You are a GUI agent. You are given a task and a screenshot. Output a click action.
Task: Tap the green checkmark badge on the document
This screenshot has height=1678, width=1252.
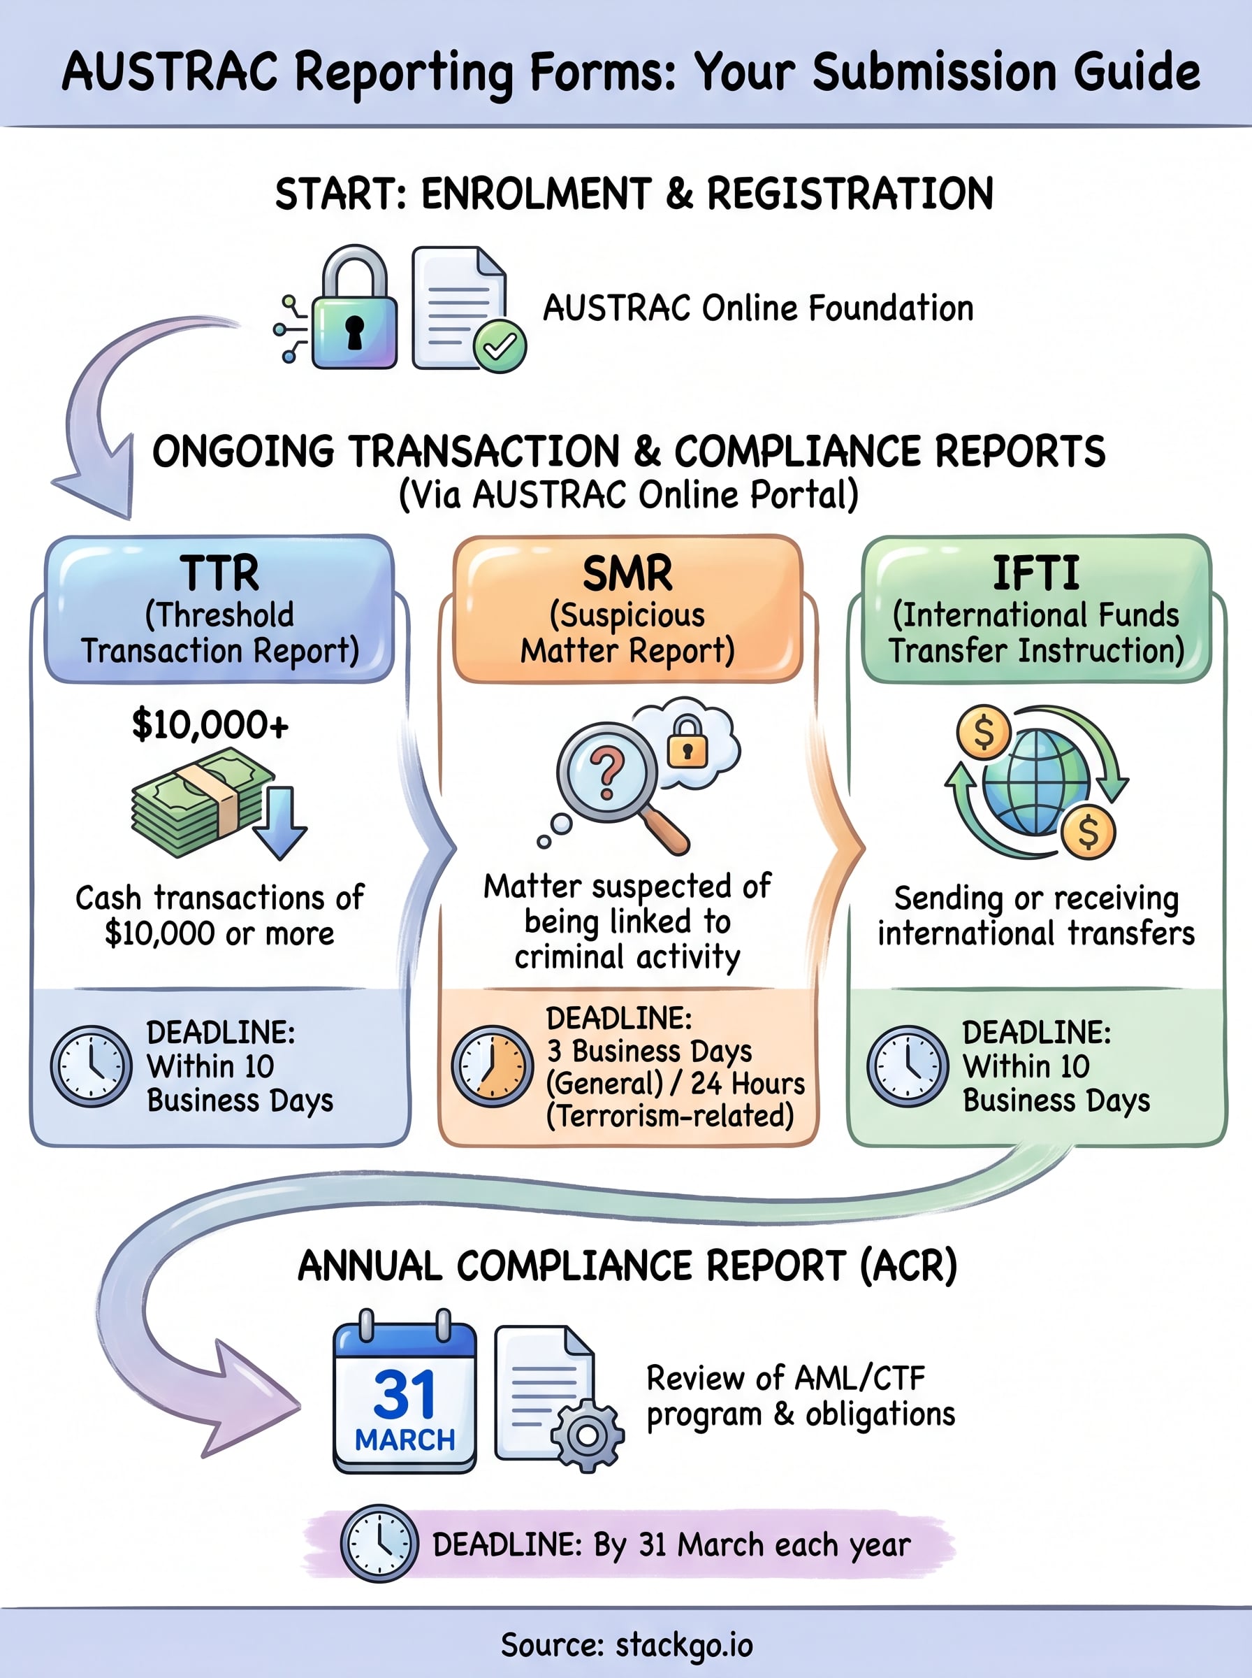(x=500, y=347)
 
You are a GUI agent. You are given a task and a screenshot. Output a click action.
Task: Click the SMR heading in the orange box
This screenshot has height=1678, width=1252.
(x=627, y=573)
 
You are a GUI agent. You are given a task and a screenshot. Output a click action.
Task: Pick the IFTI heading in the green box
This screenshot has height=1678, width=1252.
(x=1036, y=573)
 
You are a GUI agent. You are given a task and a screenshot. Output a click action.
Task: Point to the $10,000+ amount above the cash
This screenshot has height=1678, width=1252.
(x=210, y=725)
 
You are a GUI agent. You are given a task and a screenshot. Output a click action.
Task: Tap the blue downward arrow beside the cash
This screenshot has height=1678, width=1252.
(x=279, y=823)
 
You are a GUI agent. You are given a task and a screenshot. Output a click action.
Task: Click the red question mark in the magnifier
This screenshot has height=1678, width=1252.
(x=607, y=773)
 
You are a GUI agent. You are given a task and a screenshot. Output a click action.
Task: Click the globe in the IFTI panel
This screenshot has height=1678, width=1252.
(x=1036, y=782)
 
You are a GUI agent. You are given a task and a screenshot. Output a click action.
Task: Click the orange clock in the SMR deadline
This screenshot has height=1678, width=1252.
(x=492, y=1067)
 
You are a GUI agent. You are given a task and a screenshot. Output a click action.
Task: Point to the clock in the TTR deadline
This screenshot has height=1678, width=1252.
(x=91, y=1067)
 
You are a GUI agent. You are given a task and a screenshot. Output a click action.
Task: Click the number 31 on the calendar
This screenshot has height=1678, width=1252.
(x=405, y=1393)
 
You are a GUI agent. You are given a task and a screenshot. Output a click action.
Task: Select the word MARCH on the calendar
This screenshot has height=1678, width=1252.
(x=405, y=1440)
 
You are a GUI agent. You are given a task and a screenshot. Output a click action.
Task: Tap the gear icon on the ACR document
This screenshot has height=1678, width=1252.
(x=588, y=1435)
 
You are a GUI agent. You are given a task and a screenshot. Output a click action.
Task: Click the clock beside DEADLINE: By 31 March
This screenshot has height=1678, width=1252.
(x=379, y=1544)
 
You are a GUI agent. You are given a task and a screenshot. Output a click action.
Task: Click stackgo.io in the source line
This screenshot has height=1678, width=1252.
(x=685, y=1644)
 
